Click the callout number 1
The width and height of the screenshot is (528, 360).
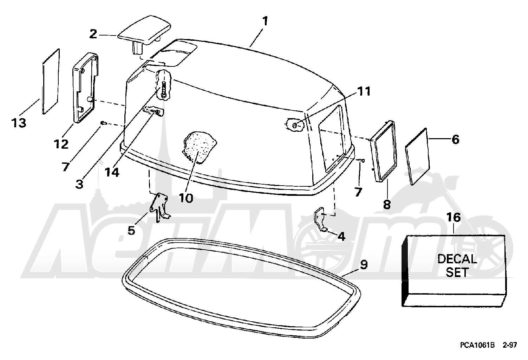265,21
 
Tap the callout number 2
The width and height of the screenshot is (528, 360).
93,34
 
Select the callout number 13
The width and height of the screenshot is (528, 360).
19,123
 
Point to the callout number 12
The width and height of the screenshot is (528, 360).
61,144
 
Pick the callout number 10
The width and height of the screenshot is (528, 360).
186,198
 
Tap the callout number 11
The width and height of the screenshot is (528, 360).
363,91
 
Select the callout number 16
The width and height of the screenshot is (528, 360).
454,217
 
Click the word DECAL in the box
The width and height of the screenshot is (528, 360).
457,259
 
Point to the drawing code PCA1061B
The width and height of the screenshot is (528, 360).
477,345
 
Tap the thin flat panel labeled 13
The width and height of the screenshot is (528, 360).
51,82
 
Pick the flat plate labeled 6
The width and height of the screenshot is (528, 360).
417,157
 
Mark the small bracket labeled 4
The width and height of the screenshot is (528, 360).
321,219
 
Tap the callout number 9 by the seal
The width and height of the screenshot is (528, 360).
364,264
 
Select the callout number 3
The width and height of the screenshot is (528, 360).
79,184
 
